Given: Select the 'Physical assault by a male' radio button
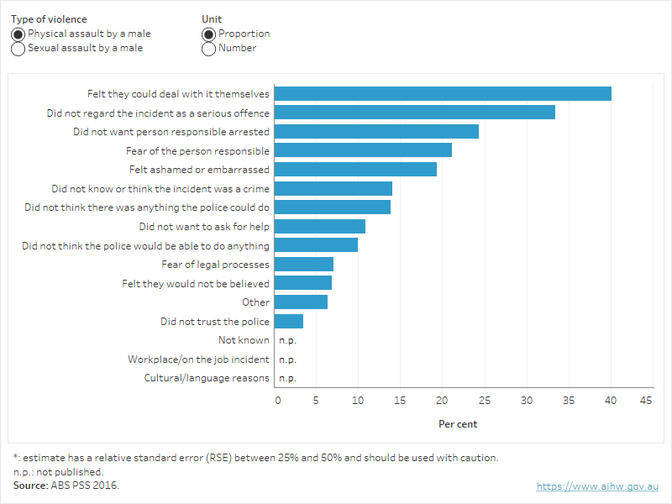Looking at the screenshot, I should [18, 34].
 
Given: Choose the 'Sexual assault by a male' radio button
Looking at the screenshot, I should [18, 49].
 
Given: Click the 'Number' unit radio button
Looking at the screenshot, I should [209, 49].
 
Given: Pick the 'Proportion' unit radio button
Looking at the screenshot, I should [209, 34].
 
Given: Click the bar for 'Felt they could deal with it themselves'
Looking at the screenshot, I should [443, 94].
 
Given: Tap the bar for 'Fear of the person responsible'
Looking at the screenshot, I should [363, 150].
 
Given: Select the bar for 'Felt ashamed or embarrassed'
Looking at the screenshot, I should [355, 170].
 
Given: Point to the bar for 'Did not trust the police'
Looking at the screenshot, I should [289, 322].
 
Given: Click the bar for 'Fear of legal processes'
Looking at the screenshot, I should [304, 265].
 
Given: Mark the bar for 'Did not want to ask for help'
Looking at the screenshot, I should [320, 227].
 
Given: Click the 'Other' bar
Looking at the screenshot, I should [301, 302].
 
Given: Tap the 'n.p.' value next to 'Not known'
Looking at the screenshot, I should [287, 340].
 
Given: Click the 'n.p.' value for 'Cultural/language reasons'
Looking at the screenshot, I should [287, 378].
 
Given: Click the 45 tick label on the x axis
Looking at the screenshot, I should [647, 401].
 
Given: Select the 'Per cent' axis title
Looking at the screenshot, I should [458, 424].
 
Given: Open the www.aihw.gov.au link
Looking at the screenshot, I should [597, 486].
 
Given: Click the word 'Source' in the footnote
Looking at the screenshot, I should [30, 486].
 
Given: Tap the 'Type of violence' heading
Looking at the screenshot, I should [49, 19].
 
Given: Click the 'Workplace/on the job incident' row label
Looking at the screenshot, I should [198, 360].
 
